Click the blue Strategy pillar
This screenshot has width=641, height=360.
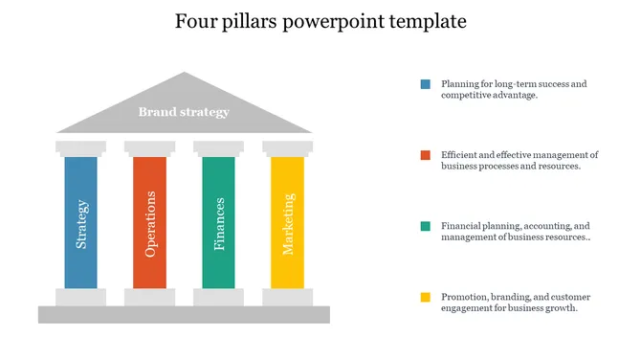[x=80, y=222]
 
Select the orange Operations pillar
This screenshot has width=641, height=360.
[x=149, y=222]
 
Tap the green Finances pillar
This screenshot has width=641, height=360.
[x=218, y=222]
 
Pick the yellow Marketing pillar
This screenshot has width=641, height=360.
[x=287, y=222]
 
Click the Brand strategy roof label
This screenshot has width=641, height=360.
[x=184, y=112]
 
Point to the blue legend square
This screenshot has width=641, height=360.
[x=425, y=84]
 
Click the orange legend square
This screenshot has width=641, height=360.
[x=425, y=155]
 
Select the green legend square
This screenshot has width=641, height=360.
[x=425, y=226]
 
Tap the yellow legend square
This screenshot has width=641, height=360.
[x=425, y=297]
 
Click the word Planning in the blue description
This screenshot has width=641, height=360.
[x=460, y=84]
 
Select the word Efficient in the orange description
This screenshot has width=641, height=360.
[x=460, y=155]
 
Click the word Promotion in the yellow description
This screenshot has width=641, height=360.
[x=464, y=297]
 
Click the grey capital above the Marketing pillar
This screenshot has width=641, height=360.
[x=287, y=147]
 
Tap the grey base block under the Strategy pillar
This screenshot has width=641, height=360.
[x=80, y=297]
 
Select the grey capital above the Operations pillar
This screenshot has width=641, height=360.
[x=149, y=147]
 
